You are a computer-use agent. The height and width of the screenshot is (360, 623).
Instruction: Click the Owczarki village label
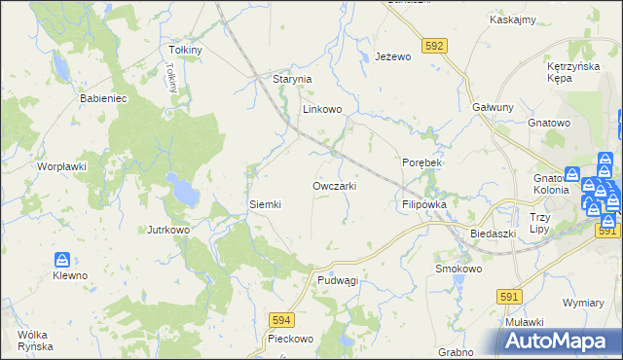340,186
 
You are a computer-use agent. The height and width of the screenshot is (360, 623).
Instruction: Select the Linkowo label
322,110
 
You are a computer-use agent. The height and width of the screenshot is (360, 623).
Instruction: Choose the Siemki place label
265,204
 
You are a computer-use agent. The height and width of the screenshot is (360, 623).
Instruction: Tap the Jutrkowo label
167,231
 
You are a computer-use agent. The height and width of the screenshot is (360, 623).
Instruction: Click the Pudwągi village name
338,280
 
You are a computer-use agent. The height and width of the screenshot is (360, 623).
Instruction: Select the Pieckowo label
290,340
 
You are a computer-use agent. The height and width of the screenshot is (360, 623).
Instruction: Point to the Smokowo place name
459,269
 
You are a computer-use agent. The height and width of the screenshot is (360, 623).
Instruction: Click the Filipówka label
423,205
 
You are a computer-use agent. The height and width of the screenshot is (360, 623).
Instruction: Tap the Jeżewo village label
393,57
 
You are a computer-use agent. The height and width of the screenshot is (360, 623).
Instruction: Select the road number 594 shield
281,318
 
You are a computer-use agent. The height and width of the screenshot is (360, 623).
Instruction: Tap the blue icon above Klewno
62,260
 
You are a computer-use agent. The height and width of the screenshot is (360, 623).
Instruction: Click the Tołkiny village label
185,50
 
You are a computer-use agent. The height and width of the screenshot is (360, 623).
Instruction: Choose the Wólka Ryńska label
34,341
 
